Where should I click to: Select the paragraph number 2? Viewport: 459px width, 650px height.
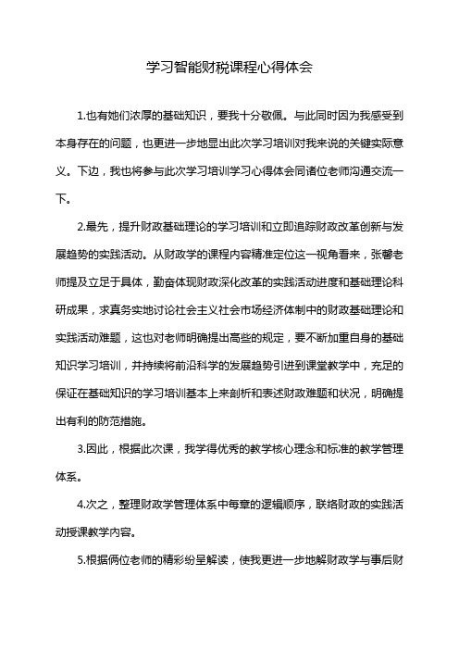84,223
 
